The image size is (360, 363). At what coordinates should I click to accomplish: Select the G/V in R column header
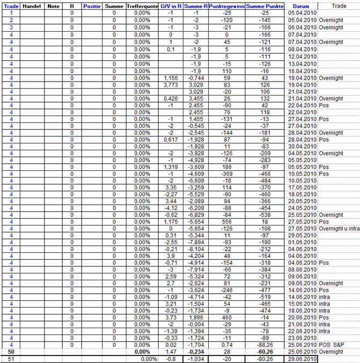(x=171, y=5)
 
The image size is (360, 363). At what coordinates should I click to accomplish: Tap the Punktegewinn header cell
(x=226, y=5)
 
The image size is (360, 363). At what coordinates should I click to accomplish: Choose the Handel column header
(x=32, y=5)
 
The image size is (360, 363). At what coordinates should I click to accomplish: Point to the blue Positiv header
(x=92, y=5)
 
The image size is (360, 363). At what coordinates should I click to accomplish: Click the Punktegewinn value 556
(x=227, y=221)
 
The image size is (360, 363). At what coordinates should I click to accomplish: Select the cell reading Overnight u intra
(x=339, y=228)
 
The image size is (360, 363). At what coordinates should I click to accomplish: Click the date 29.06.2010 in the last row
(x=303, y=358)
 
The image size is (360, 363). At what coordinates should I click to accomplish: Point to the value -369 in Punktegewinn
(x=227, y=174)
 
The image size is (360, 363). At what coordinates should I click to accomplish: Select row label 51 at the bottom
(x=11, y=358)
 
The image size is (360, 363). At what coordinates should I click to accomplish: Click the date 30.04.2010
(x=303, y=147)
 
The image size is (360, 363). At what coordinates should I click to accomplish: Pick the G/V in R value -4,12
(x=171, y=208)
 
